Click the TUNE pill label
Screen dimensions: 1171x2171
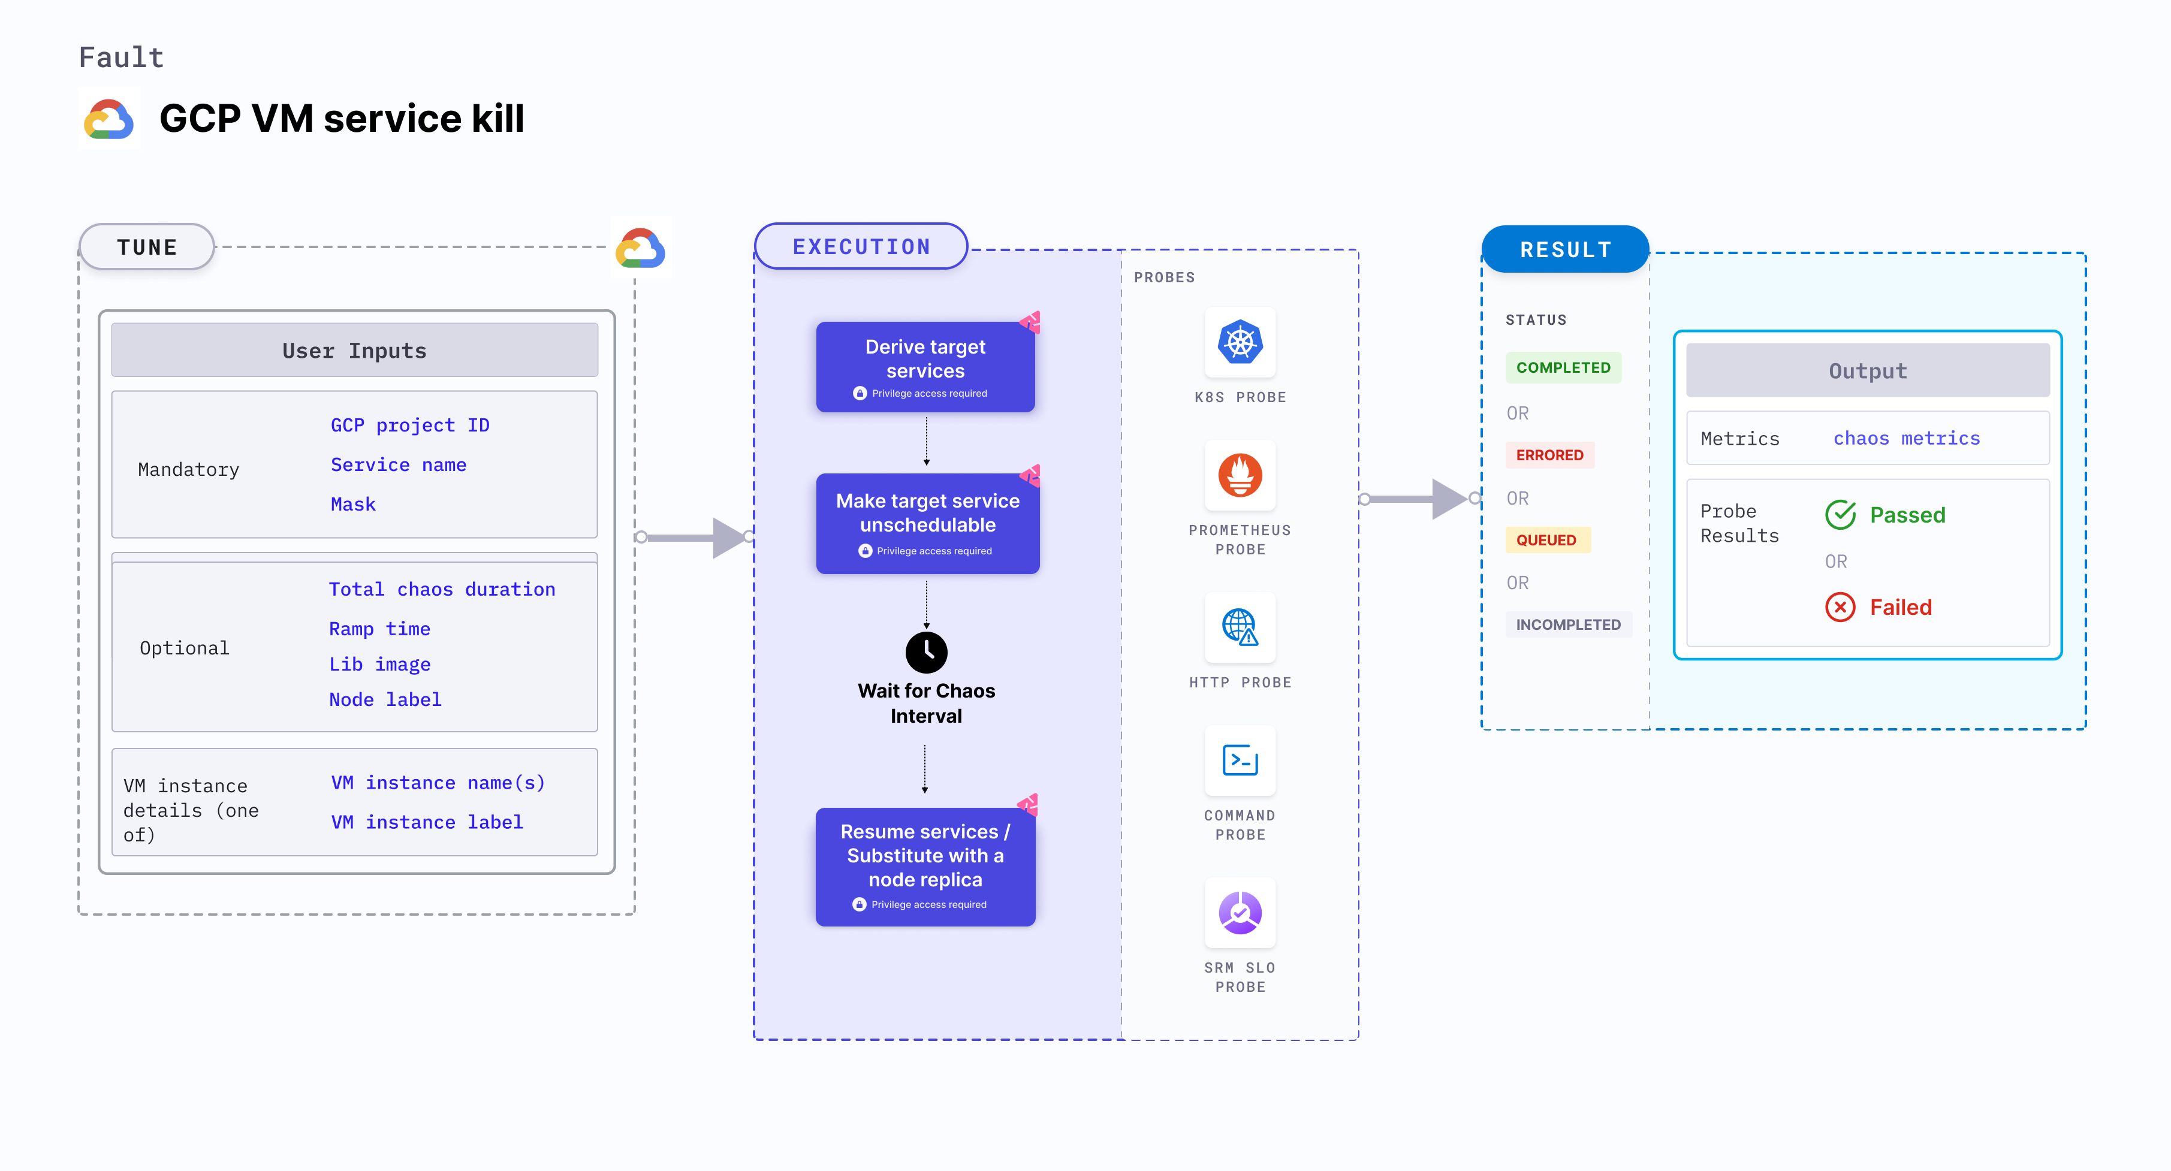point(147,247)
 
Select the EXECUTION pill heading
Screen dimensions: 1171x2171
point(861,247)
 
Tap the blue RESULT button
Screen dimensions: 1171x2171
point(1565,249)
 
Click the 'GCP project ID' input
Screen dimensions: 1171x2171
point(409,425)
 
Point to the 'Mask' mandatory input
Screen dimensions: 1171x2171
point(353,505)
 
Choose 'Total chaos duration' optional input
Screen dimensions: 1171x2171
point(442,590)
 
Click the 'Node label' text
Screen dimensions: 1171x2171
point(385,700)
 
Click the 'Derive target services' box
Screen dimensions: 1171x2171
point(925,367)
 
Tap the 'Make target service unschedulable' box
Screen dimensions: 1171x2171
point(927,523)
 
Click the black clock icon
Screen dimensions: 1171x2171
point(926,652)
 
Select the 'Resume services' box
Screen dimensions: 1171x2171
point(925,866)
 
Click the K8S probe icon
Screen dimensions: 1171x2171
point(1240,343)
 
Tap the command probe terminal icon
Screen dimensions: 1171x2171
point(1240,760)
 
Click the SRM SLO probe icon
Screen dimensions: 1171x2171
point(1240,912)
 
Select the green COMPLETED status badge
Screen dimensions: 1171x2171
point(1563,368)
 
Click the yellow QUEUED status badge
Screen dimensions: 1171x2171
point(1546,540)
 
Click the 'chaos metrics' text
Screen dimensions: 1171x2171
point(1906,438)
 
